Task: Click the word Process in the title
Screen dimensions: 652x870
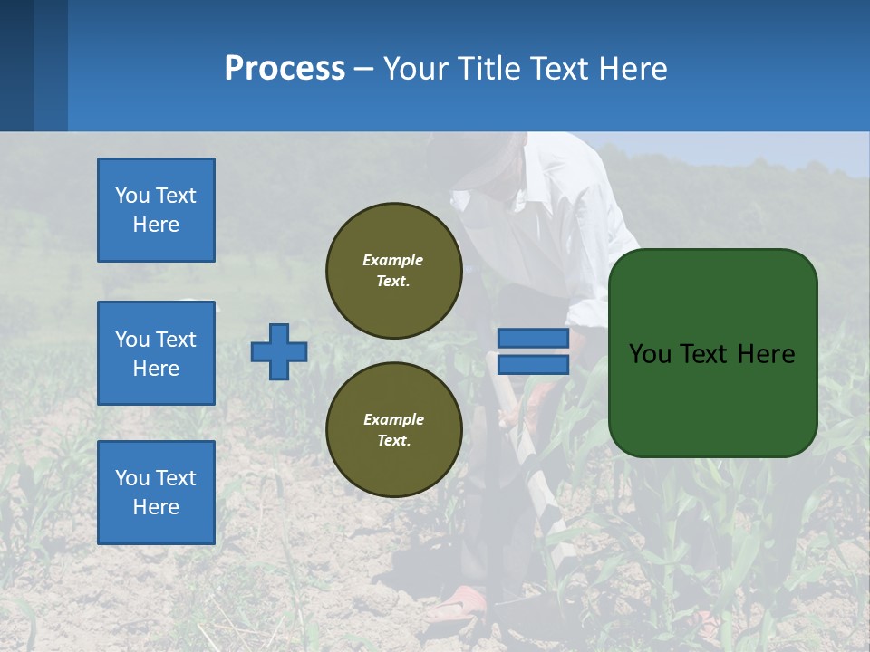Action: [285, 69]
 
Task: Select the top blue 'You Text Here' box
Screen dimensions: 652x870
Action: [156, 210]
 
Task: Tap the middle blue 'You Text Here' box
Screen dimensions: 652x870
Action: [156, 353]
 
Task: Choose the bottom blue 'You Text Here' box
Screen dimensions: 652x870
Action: [156, 493]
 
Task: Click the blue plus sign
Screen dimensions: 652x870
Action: [279, 351]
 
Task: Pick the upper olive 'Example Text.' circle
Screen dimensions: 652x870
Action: [394, 271]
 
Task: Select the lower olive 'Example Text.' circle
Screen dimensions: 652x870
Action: [394, 430]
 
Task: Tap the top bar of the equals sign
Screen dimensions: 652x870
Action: [533, 339]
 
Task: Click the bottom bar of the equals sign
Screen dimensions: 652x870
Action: [533, 365]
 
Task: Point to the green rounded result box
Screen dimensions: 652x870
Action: [713, 398]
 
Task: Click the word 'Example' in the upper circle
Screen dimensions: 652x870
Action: [392, 260]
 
